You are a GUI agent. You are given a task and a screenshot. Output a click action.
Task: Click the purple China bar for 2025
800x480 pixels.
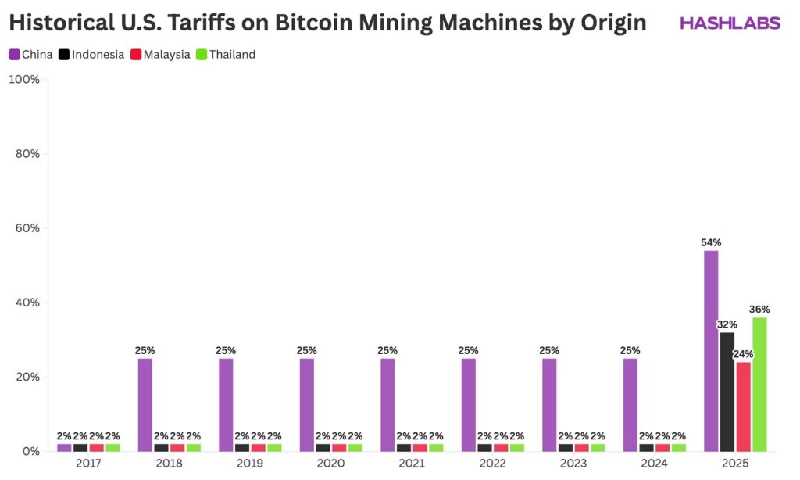point(710,351)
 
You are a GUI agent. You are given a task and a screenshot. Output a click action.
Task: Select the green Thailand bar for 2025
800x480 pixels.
point(759,384)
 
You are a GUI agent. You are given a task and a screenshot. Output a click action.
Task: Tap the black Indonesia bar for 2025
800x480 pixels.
point(727,392)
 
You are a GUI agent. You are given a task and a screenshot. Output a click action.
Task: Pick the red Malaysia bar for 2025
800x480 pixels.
point(743,407)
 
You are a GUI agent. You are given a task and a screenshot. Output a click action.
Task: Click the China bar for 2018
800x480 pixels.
point(145,405)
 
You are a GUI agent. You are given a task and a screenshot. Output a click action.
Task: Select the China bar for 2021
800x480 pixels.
point(387,405)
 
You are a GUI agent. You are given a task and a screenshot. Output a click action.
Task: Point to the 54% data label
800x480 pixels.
point(710,242)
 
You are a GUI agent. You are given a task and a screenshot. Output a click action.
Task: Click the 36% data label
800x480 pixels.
point(759,309)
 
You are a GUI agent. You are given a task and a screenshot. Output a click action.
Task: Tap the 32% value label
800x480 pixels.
point(727,324)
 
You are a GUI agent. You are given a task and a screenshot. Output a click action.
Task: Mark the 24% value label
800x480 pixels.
point(743,354)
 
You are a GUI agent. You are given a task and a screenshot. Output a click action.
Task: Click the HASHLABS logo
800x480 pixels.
point(730,23)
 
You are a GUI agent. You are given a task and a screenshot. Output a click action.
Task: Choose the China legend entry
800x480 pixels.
point(31,55)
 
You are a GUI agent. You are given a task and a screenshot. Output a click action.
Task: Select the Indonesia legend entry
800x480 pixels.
point(91,55)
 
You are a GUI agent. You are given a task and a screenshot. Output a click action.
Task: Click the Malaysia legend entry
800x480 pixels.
point(160,55)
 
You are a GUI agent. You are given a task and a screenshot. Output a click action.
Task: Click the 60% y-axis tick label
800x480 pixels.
point(27,228)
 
